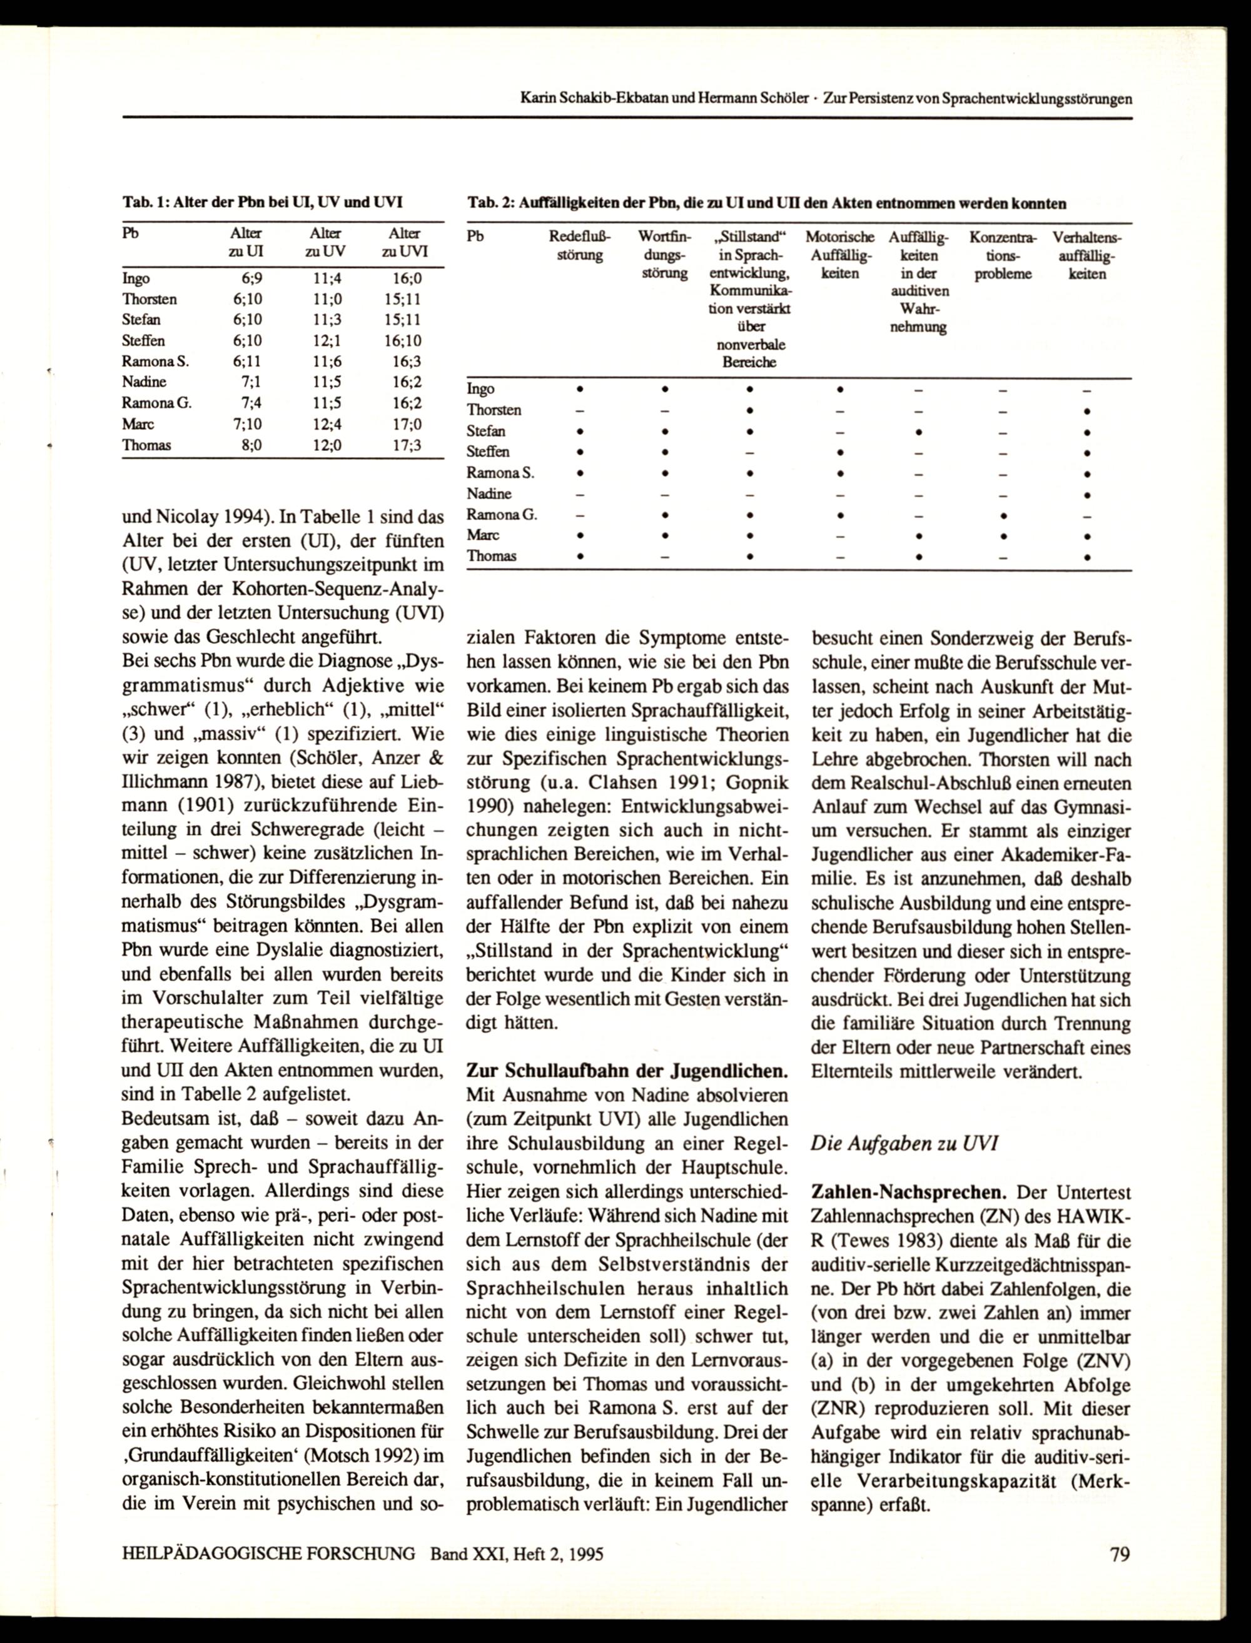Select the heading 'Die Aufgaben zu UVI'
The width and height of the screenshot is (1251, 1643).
[904, 1143]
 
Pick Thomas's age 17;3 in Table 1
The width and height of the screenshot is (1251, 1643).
[406, 445]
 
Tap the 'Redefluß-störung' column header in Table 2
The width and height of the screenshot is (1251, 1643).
[579, 246]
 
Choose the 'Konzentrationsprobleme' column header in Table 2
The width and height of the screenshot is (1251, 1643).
[1002, 255]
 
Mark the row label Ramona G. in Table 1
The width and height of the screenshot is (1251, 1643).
[156, 403]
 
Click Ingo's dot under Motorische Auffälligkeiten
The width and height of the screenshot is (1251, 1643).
[839, 388]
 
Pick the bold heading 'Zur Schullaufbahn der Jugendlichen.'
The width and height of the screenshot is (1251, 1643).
[626, 1071]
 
